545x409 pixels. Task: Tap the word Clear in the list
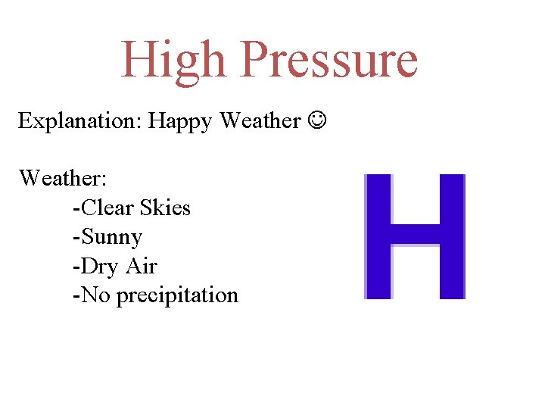pos(108,208)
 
